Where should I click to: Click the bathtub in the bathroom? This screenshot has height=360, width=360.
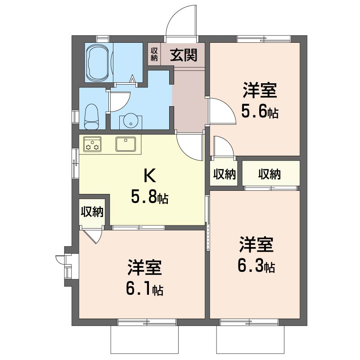[x=97, y=63]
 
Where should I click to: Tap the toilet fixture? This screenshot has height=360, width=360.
[x=91, y=117]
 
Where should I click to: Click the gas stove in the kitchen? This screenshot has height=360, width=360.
[x=92, y=144]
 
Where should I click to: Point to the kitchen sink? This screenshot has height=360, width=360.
[x=126, y=144]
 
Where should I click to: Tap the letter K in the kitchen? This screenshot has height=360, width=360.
[x=149, y=175]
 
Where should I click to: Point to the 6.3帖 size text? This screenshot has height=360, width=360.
[x=256, y=266]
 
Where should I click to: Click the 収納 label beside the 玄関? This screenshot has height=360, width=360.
[x=154, y=54]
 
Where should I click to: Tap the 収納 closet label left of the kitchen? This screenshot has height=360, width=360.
[x=92, y=211]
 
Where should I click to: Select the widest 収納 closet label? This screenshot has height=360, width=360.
[x=270, y=174]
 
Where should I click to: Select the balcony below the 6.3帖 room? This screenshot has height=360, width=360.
[x=250, y=339]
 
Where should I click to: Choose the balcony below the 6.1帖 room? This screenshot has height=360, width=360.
[x=144, y=339]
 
